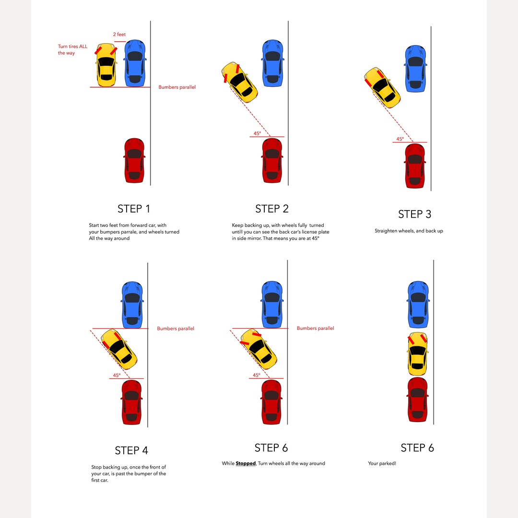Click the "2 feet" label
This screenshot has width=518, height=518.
[x=119, y=35]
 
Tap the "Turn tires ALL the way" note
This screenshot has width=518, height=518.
[x=72, y=50]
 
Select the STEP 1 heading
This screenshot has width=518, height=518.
[x=134, y=209]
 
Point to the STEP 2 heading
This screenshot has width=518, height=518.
[x=272, y=209]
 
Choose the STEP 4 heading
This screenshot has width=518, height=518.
[x=131, y=450]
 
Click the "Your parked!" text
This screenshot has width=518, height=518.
[x=382, y=463]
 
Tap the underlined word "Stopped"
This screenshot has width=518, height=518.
[x=246, y=463]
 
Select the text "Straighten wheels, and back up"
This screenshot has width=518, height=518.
[x=409, y=231]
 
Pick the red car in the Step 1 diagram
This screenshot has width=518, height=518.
[x=134, y=160]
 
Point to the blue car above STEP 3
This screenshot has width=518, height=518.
[x=415, y=69]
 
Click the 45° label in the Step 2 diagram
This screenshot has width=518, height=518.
[x=257, y=134]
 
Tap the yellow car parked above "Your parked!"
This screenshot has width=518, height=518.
[x=417, y=353]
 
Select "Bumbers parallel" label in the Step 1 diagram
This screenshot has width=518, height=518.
[x=177, y=87]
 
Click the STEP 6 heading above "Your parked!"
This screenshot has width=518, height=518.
[x=417, y=447]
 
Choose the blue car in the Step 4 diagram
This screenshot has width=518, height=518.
[x=132, y=304]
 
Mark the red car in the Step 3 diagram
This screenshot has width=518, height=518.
[x=415, y=166]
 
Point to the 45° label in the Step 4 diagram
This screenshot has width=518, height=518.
[x=117, y=376]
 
